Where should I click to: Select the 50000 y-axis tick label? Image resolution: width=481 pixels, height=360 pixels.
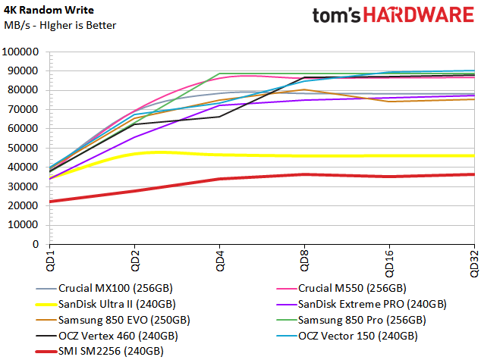pyautogui.click(x=24, y=149)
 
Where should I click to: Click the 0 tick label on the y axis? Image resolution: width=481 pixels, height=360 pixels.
pyautogui.click(x=37, y=245)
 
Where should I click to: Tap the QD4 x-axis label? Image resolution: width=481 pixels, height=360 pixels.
pyautogui.click(x=218, y=261)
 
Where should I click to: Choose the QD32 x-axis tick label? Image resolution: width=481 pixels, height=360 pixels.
pyautogui.click(x=474, y=263)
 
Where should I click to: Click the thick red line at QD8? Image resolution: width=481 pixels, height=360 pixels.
pyautogui.click(x=303, y=174)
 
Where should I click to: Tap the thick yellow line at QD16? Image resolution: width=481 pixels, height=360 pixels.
pyautogui.click(x=389, y=155)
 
